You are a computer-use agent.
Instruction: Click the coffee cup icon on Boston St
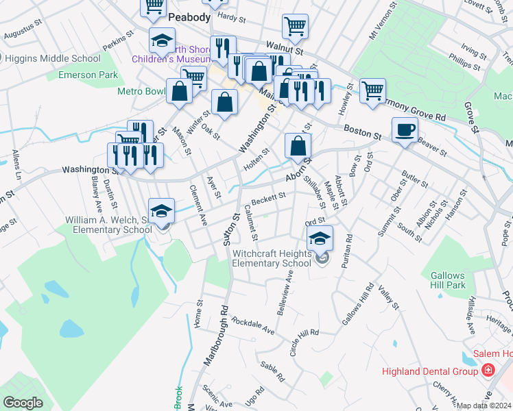coord(405,129)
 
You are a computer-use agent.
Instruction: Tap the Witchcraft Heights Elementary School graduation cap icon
coord(320,238)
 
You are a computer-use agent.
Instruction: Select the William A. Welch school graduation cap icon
coord(162,210)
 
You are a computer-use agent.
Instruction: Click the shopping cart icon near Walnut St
coord(295,27)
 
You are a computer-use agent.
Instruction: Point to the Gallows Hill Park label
coord(448,279)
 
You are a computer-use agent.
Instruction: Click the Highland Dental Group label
coord(429,371)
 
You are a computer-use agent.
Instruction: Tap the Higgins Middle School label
coord(52,58)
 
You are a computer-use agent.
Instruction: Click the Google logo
coord(23,403)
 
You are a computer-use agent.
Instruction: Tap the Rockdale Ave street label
coord(252,326)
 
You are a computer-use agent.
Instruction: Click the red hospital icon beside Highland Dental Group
coord(488,371)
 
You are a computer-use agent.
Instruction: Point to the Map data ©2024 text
coord(484,406)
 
